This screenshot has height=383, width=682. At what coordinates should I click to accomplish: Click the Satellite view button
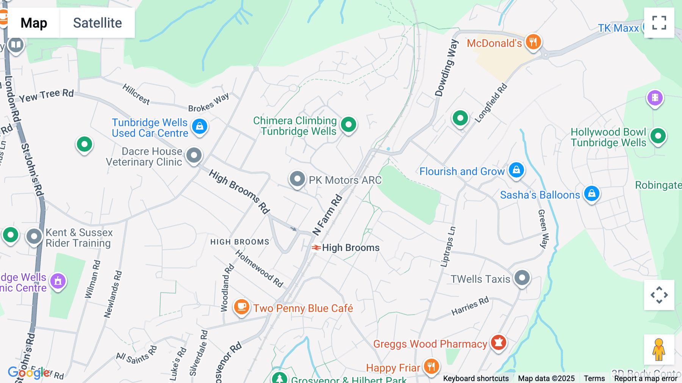pyautogui.click(x=97, y=23)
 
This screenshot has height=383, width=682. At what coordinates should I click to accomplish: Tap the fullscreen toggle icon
pyautogui.click(x=659, y=23)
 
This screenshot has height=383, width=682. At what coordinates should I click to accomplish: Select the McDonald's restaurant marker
pyautogui.click(x=533, y=42)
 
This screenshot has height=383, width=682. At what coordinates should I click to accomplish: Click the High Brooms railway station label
pyautogui.click(x=350, y=248)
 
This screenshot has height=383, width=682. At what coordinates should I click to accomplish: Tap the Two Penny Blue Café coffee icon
pyautogui.click(x=241, y=306)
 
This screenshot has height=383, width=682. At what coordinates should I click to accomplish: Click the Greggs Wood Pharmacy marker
pyautogui.click(x=498, y=342)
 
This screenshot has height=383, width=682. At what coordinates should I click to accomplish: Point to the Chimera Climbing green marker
pyautogui.click(x=348, y=124)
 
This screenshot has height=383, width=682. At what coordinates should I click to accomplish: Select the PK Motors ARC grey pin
pyautogui.click(x=297, y=179)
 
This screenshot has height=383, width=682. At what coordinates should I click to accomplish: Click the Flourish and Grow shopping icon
pyautogui.click(x=516, y=170)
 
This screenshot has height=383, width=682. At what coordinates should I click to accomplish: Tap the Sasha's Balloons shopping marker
pyautogui.click(x=591, y=194)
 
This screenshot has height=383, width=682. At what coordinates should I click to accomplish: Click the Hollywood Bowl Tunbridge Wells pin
pyautogui.click(x=658, y=136)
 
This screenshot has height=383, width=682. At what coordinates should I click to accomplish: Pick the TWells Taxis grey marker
pyautogui.click(x=522, y=278)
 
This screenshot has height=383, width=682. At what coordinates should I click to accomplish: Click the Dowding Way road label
pyautogui.click(x=446, y=68)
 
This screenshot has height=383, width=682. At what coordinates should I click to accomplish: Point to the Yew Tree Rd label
pyautogui.click(x=46, y=96)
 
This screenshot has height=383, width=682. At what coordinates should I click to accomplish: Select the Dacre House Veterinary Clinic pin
pyautogui.click(x=194, y=155)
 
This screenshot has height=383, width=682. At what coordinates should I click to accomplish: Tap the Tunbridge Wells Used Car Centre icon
pyautogui.click(x=200, y=126)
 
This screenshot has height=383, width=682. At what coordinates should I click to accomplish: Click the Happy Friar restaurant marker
pyautogui.click(x=431, y=366)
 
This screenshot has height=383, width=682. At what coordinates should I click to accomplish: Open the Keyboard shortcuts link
pyautogui.click(x=476, y=378)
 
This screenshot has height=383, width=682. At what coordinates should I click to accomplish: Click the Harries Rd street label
pyautogui.click(x=470, y=306)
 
